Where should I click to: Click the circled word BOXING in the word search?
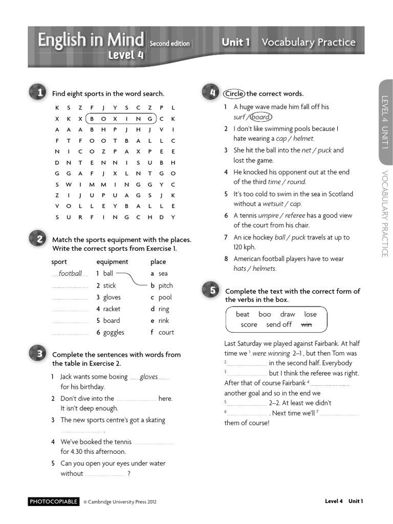121,119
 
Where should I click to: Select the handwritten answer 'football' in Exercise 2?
70,274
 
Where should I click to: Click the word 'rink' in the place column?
163,321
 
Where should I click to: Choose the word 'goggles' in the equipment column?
114,333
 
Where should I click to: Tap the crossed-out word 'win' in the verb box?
307,324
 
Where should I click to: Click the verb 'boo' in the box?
265,314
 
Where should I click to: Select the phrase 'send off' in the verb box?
279,324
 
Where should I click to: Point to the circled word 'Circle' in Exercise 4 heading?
234,94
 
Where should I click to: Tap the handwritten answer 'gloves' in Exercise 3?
149,377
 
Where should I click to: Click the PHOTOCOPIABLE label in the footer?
54,501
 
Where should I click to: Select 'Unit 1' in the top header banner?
235,42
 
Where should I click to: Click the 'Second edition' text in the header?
169,44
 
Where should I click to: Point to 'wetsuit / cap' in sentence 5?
282,204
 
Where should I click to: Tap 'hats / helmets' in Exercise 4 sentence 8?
255,269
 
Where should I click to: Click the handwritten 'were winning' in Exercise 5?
271,354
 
